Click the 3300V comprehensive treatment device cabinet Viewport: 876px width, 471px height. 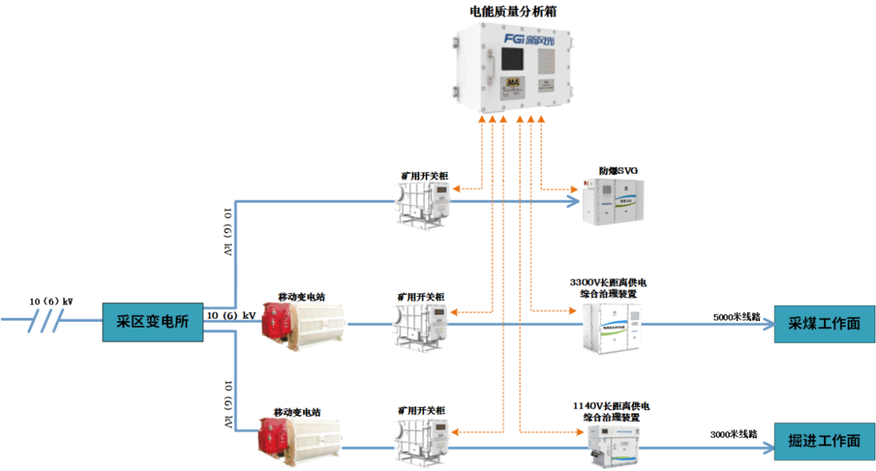coord(611,328)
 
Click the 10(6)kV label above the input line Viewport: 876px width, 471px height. coord(51,302)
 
